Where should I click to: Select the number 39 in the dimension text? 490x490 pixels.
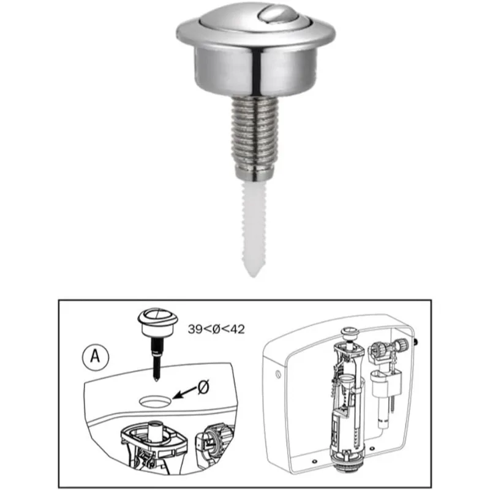click(195, 329)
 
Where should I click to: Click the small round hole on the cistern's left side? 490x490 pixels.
click(277, 372)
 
